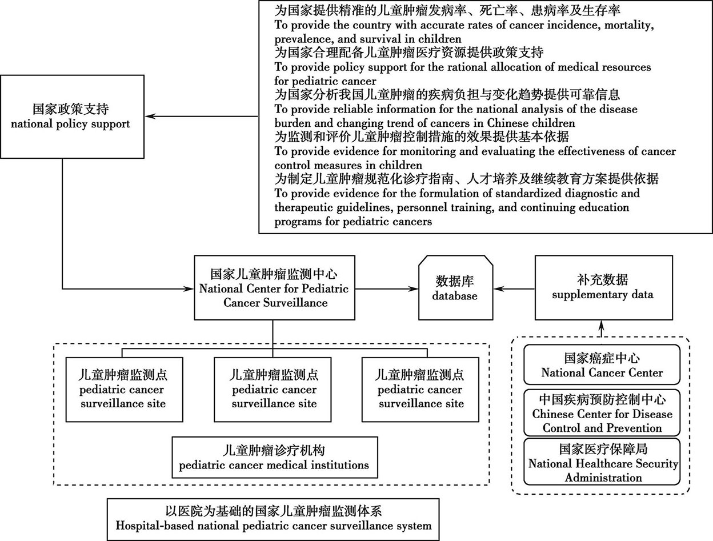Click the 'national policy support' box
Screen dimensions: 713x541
pyautogui.click(x=72, y=117)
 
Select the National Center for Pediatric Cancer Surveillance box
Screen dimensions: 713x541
pyautogui.click(x=274, y=288)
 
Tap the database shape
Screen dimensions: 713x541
pyautogui.click(x=456, y=288)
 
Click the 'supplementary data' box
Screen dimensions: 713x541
pyautogui.click(x=603, y=288)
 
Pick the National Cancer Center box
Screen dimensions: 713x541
pyautogui.click(x=602, y=364)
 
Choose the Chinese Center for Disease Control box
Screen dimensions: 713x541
pyautogui.click(x=602, y=412)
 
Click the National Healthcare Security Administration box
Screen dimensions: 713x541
pyautogui.click(x=602, y=462)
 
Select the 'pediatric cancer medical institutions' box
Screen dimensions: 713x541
pyautogui.click(x=275, y=458)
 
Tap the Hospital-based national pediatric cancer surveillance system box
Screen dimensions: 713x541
pyautogui.click(x=273, y=519)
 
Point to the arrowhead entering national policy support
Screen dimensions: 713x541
pyautogui.click(x=150, y=116)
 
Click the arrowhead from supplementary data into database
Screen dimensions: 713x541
pyautogui.click(x=499, y=288)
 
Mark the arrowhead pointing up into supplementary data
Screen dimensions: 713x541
pyautogui.click(x=602, y=326)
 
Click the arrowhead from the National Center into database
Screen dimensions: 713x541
pyautogui.click(x=413, y=288)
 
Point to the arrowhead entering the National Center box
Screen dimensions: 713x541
pyautogui.click(x=189, y=288)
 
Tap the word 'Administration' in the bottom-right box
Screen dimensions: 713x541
pyautogui.click(x=603, y=478)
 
